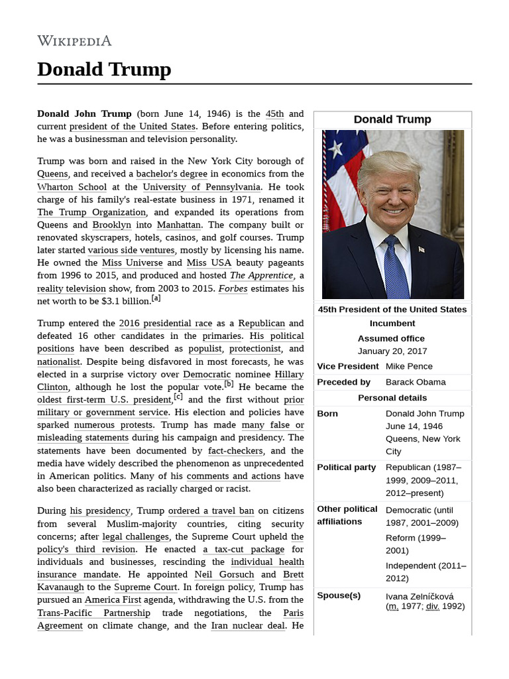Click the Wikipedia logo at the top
(x=74, y=40)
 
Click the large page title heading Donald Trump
(x=104, y=69)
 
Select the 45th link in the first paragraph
(x=274, y=113)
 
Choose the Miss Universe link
(x=133, y=263)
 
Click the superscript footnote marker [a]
(x=156, y=298)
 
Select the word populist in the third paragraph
(x=205, y=348)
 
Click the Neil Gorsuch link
(x=224, y=574)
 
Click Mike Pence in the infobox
(x=409, y=366)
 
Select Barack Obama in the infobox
(x=416, y=382)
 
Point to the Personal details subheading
(x=392, y=398)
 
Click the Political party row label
(x=346, y=467)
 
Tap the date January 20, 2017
(x=392, y=351)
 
